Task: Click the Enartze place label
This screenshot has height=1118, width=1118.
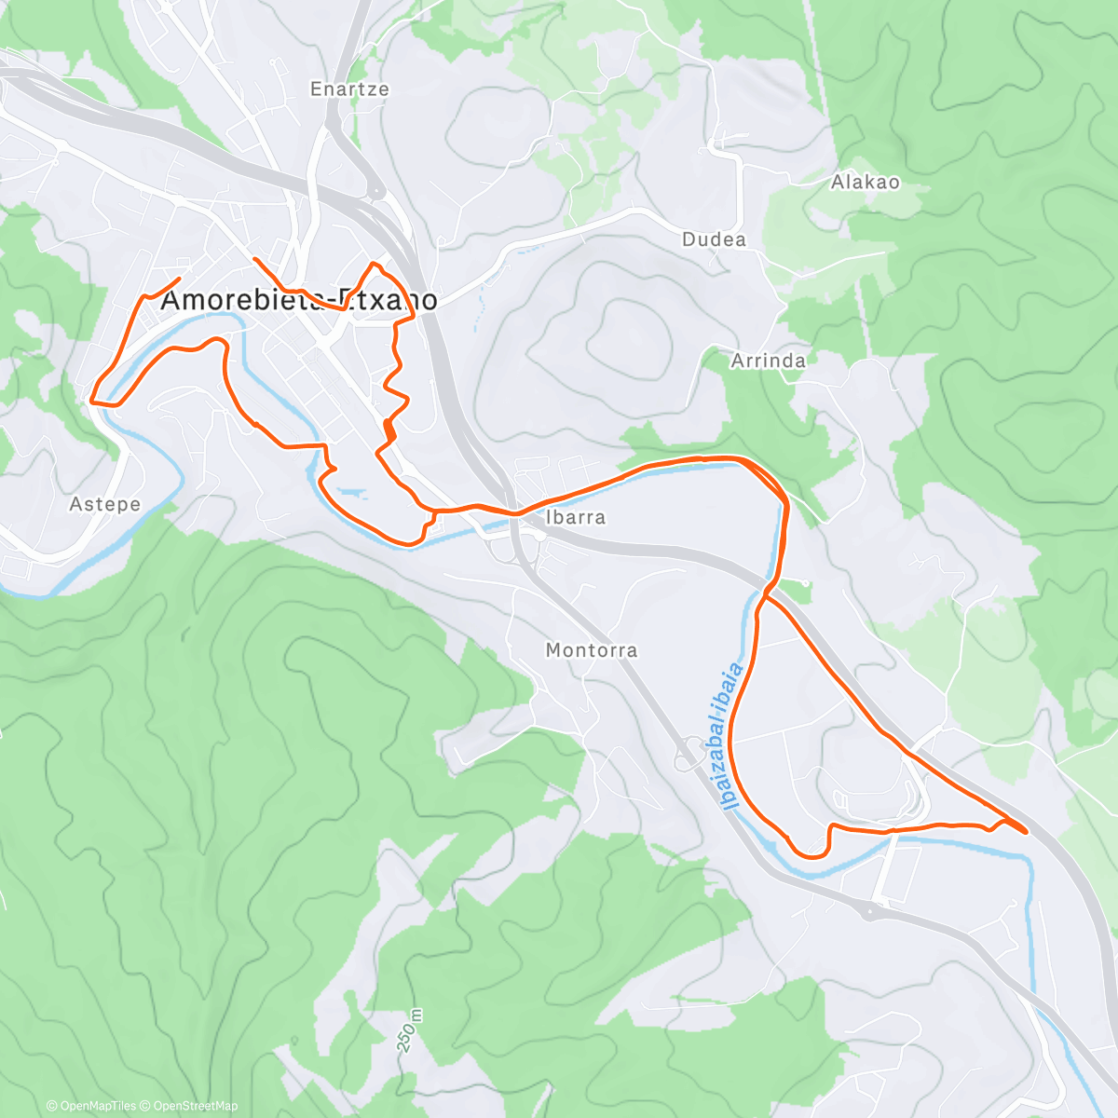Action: pos(349,89)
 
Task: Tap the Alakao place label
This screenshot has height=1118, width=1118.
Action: pos(866,182)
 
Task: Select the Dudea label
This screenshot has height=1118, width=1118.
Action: pos(714,239)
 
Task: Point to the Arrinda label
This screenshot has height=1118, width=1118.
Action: pos(768,360)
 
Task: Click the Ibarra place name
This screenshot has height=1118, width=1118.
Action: pos(575,517)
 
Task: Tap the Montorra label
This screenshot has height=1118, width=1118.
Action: pos(591,649)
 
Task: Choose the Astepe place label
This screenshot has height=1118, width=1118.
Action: pos(104,504)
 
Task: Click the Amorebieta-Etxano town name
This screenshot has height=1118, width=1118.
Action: pos(299,300)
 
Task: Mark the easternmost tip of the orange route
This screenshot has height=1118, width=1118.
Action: pos(1027,832)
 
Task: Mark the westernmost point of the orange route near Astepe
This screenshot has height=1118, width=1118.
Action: pos(90,401)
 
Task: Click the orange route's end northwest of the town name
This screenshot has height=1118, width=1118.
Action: pos(254,258)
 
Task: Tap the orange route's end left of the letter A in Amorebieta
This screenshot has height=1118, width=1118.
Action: pos(178,279)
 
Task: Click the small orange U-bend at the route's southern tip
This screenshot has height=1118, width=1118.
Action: pos(811,853)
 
